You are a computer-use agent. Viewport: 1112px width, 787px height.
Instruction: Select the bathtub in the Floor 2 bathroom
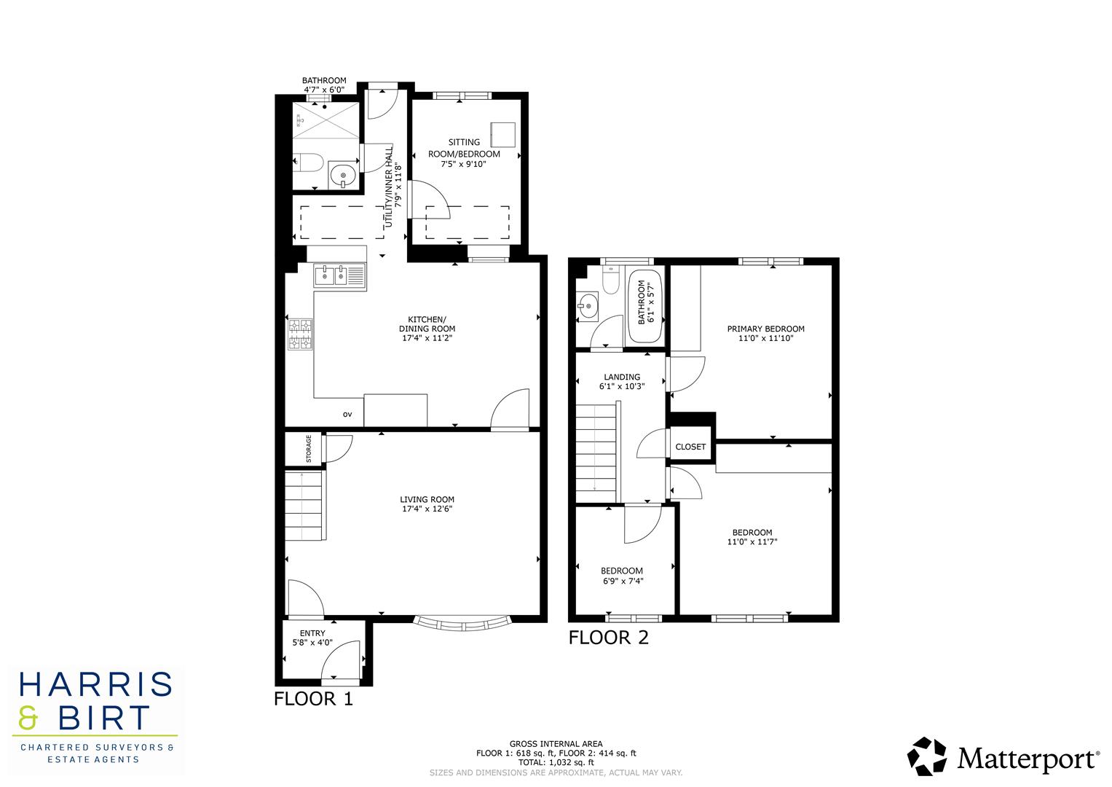(645, 307)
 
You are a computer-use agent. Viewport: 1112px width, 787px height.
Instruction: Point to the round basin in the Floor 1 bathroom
(342, 175)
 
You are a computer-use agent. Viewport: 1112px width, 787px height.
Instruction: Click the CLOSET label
(690, 447)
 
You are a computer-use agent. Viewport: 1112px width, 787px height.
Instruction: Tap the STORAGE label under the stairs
(309, 449)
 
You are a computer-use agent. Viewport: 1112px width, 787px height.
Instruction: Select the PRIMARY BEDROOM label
(765, 329)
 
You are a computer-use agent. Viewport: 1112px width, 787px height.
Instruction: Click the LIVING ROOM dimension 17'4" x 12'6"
(427, 509)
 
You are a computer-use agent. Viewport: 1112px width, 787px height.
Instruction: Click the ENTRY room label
(312, 633)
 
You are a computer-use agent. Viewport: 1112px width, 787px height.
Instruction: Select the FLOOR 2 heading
(608, 638)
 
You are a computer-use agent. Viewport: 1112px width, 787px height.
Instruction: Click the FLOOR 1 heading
(313, 699)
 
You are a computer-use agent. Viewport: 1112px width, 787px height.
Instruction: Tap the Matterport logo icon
(927, 756)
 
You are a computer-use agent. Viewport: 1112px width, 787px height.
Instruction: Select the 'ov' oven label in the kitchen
(347, 415)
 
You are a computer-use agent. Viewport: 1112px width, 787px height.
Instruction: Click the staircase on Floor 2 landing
(597, 452)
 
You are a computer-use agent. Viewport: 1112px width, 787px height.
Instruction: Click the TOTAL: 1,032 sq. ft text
(556, 762)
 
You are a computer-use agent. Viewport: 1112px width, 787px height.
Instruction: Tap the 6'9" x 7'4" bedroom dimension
(623, 582)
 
